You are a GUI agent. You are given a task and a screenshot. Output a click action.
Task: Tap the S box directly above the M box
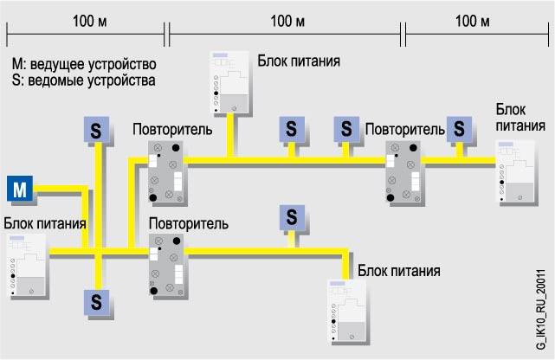coord(97,129)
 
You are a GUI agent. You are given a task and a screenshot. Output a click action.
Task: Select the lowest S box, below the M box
coord(97,302)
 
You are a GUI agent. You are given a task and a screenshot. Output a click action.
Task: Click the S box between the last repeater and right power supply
coord(459,129)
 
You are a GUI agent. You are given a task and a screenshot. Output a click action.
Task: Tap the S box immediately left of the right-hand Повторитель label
coord(345,129)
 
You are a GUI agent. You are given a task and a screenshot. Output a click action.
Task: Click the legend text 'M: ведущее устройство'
coord(84,64)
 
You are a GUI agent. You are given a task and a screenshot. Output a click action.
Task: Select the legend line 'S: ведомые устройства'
coord(84,81)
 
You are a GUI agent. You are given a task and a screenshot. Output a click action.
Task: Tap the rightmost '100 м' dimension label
coord(477,19)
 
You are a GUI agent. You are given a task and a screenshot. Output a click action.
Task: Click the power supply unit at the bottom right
coord(352,312)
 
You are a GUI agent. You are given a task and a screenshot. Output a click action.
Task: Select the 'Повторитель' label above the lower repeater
coord(188,224)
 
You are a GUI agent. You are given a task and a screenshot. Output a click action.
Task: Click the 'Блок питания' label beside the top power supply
coord(298,62)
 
